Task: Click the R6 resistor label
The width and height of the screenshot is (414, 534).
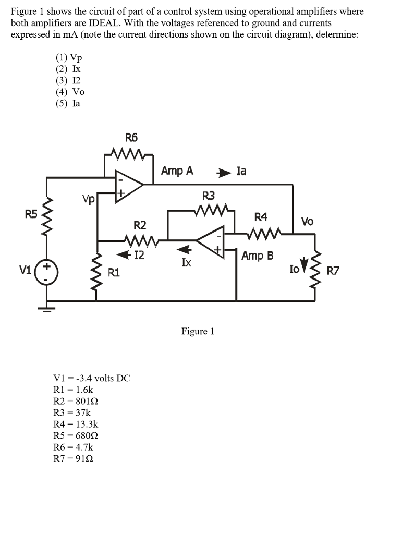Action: pos(131,138)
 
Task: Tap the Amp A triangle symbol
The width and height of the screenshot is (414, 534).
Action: pos(127,184)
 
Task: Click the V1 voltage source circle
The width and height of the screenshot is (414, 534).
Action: pos(47,272)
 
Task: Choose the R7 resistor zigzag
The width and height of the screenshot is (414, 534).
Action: pos(315,271)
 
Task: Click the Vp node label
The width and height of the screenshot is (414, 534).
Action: pos(88,199)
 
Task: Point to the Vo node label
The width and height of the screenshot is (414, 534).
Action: pos(307,221)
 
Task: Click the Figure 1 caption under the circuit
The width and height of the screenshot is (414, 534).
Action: pos(198,331)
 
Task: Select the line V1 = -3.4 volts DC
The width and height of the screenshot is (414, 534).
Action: pos(92,378)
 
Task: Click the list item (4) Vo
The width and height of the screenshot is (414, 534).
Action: pos(70,92)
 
